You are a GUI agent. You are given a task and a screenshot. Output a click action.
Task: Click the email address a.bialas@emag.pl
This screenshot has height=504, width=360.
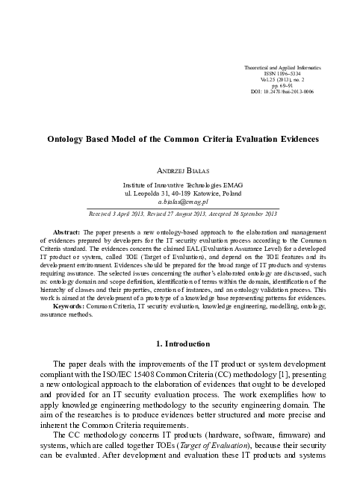point(177,202)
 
